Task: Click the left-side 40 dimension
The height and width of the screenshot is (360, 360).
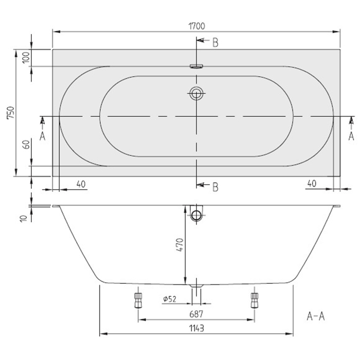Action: pos(81,184)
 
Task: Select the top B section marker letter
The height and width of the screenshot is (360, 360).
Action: pos(215,43)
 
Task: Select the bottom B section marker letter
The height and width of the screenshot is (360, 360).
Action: pos(215,186)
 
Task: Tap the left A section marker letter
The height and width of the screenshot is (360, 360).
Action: pos(43,136)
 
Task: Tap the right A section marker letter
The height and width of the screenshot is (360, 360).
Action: pos(351,136)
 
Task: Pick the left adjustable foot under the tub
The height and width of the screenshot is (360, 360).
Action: pos(137,299)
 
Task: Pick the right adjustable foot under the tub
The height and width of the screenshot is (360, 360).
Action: pos(254,299)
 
